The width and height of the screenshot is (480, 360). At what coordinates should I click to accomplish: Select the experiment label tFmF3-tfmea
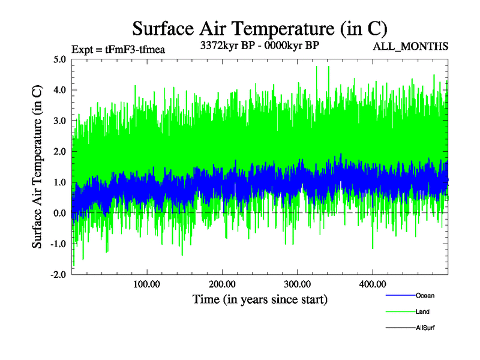[118, 49]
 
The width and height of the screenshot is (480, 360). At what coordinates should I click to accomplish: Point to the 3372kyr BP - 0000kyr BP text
[259, 45]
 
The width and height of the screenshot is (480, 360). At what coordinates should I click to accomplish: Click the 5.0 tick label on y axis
[59, 59]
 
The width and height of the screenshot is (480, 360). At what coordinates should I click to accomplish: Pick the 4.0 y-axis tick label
[59, 90]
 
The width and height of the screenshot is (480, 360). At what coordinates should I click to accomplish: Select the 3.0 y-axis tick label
[59, 121]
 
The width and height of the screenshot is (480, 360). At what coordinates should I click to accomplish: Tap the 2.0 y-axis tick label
[59, 152]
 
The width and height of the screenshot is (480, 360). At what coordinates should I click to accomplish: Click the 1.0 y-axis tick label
[59, 182]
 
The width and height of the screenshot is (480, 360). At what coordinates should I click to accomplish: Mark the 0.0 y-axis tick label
[59, 213]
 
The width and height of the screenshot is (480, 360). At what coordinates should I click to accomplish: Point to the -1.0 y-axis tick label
[58, 244]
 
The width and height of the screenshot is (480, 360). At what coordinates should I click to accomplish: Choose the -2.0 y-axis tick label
[58, 274]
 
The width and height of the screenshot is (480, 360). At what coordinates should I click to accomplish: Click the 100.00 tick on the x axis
[146, 284]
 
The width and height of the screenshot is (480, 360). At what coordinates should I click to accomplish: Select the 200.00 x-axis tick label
[222, 284]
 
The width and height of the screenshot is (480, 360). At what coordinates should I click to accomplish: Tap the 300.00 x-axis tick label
[297, 284]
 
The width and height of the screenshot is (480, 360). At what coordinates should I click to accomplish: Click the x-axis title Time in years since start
[260, 299]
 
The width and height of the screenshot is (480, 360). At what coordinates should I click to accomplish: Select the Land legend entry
[422, 311]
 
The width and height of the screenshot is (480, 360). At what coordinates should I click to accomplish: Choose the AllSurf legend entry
[425, 328]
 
